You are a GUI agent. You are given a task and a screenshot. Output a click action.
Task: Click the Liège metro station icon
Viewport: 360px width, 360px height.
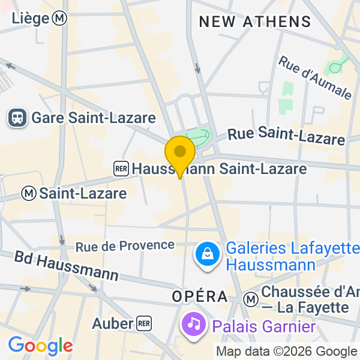point(59,19)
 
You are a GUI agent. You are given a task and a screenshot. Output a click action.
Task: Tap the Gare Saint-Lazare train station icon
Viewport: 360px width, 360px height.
point(17,118)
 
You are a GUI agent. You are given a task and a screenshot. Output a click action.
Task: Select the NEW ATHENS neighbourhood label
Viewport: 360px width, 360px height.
point(255,22)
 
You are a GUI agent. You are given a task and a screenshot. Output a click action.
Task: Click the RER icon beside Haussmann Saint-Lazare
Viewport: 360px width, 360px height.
point(121,169)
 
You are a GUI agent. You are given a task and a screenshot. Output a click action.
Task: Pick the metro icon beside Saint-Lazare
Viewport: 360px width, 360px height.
point(28,193)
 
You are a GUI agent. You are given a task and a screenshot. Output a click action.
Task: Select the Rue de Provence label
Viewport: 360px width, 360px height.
point(125,245)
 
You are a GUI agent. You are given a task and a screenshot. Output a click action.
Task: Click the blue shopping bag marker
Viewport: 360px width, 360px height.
point(206,255)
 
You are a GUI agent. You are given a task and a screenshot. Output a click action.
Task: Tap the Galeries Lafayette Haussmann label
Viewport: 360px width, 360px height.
point(292,256)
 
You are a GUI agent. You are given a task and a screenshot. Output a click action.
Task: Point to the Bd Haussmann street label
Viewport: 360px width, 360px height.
point(66,266)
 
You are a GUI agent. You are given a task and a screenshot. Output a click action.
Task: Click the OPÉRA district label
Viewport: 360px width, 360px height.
point(200,296)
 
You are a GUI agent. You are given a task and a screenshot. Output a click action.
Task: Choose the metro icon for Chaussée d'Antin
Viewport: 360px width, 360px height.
point(251,298)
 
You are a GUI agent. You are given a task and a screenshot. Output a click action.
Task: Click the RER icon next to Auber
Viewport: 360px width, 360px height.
point(143,323)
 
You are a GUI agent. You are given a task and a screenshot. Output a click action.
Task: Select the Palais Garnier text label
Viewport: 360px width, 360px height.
point(263,327)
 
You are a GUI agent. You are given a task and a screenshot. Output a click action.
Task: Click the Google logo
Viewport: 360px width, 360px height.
point(40,346)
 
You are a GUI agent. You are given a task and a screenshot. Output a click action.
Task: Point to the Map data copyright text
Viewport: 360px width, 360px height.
point(286,352)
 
